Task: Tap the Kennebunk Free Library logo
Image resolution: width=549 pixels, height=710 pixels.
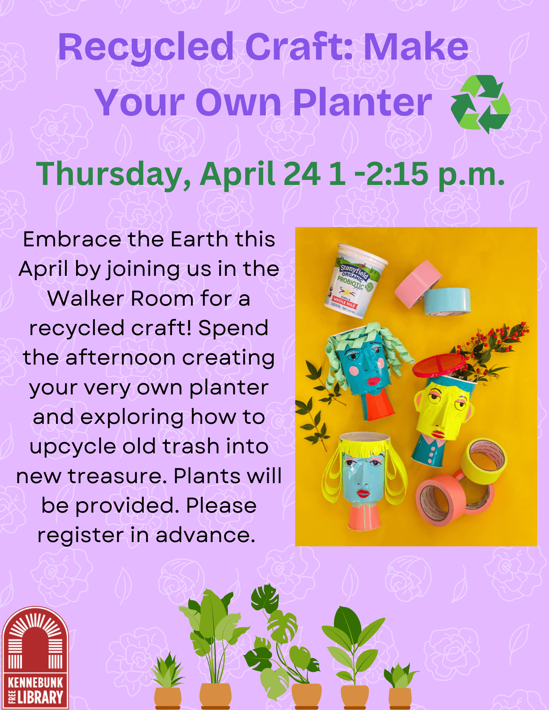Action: click(35, 658)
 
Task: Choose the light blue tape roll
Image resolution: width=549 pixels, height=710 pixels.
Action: click(447, 301)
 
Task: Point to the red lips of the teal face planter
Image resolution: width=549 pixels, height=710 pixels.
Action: click(373, 381)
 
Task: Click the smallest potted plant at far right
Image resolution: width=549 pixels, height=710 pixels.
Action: click(400, 685)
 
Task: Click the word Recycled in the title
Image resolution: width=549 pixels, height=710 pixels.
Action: click(146, 48)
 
